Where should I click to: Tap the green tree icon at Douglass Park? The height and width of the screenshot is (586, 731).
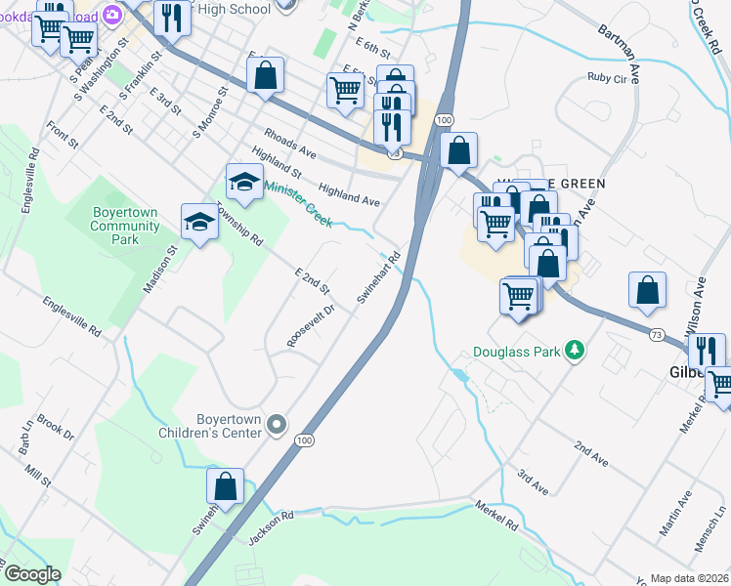click(x=576, y=351)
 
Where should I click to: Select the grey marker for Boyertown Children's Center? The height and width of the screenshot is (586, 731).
click(x=277, y=424)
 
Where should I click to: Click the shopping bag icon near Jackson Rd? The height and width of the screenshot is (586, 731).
click(x=225, y=486)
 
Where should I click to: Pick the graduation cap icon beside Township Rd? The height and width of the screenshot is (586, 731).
click(x=199, y=222)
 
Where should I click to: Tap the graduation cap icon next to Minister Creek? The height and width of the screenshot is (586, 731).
click(x=244, y=181)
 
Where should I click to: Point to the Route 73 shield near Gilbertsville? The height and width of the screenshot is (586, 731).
click(x=656, y=334)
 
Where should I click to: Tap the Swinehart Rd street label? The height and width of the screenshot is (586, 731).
click(x=380, y=278)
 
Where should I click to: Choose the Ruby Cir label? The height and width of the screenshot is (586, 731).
click(x=606, y=77)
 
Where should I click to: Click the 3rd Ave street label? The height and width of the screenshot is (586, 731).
click(x=533, y=481)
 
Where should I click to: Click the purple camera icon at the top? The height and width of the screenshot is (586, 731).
click(x=111, y=14)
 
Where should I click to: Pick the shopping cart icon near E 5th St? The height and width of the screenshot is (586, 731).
click(x=345, y=89)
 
